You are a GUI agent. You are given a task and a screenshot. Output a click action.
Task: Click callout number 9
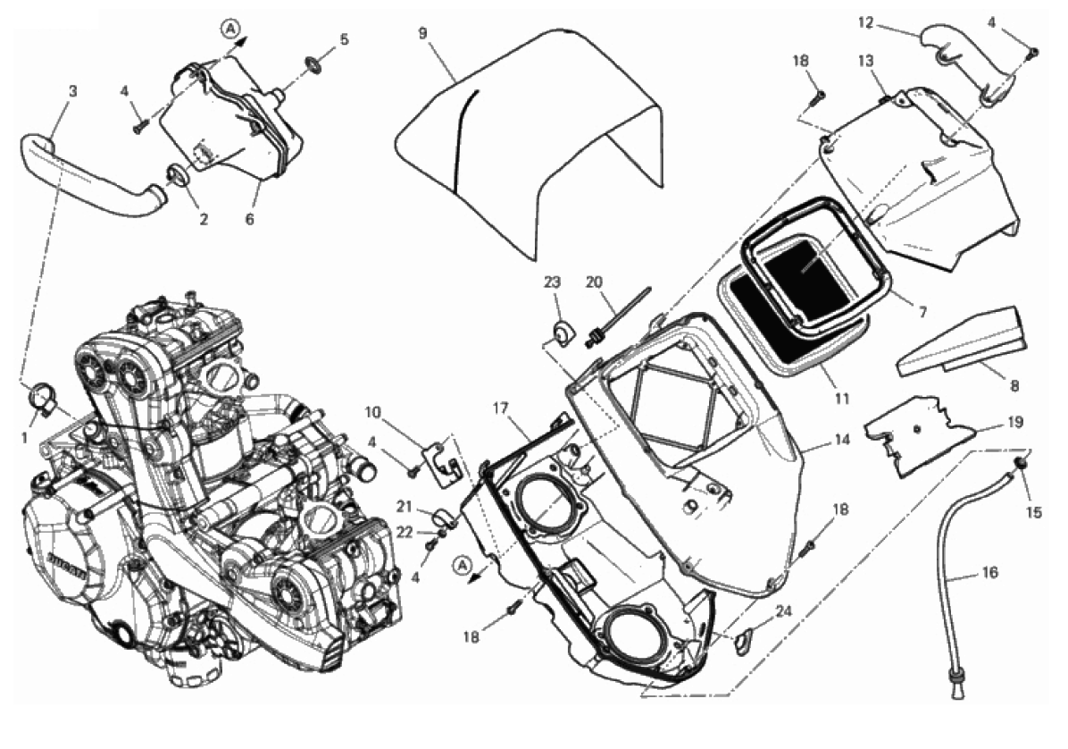pyautogui.click(x=422, y=33)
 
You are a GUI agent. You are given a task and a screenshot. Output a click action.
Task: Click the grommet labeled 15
pyautogui.click(x=1021, y=462)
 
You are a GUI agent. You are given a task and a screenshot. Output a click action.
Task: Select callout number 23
pyautogui.click(x=552, y=282)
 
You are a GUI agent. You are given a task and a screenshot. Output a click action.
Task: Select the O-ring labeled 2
pyautogui.click(x=178, y=172)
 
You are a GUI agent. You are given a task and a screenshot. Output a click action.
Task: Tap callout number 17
pyautogui.click(x=499, y=408)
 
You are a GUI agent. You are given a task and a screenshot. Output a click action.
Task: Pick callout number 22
pyautogui.click(x=404, y=532)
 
